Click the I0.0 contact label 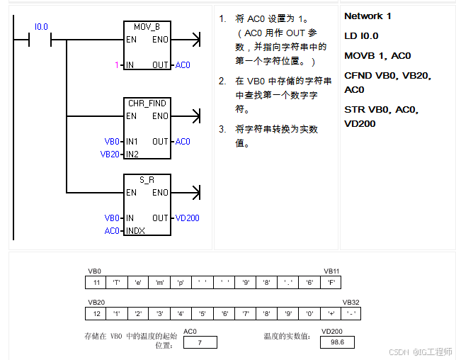(41, 27)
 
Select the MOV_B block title (147, 27)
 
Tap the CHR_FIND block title (147, 103)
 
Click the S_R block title (147, 180)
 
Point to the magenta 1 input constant (117, 65)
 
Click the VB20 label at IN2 (110, 154)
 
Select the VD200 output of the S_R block (187, 218)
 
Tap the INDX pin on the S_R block (135, 231)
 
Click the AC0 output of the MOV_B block (183, 65)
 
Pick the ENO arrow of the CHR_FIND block (186, 116)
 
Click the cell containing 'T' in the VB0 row (117, 282)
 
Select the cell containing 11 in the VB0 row (96, 282)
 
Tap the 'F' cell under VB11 (331, 282)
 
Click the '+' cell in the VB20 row (331, 314)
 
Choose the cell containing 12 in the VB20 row (96, 314)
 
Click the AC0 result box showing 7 (200, 342)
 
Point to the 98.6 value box (337, 342)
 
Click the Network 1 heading (367, 16)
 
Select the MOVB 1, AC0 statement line (377, 55)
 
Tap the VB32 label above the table (350, 303)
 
